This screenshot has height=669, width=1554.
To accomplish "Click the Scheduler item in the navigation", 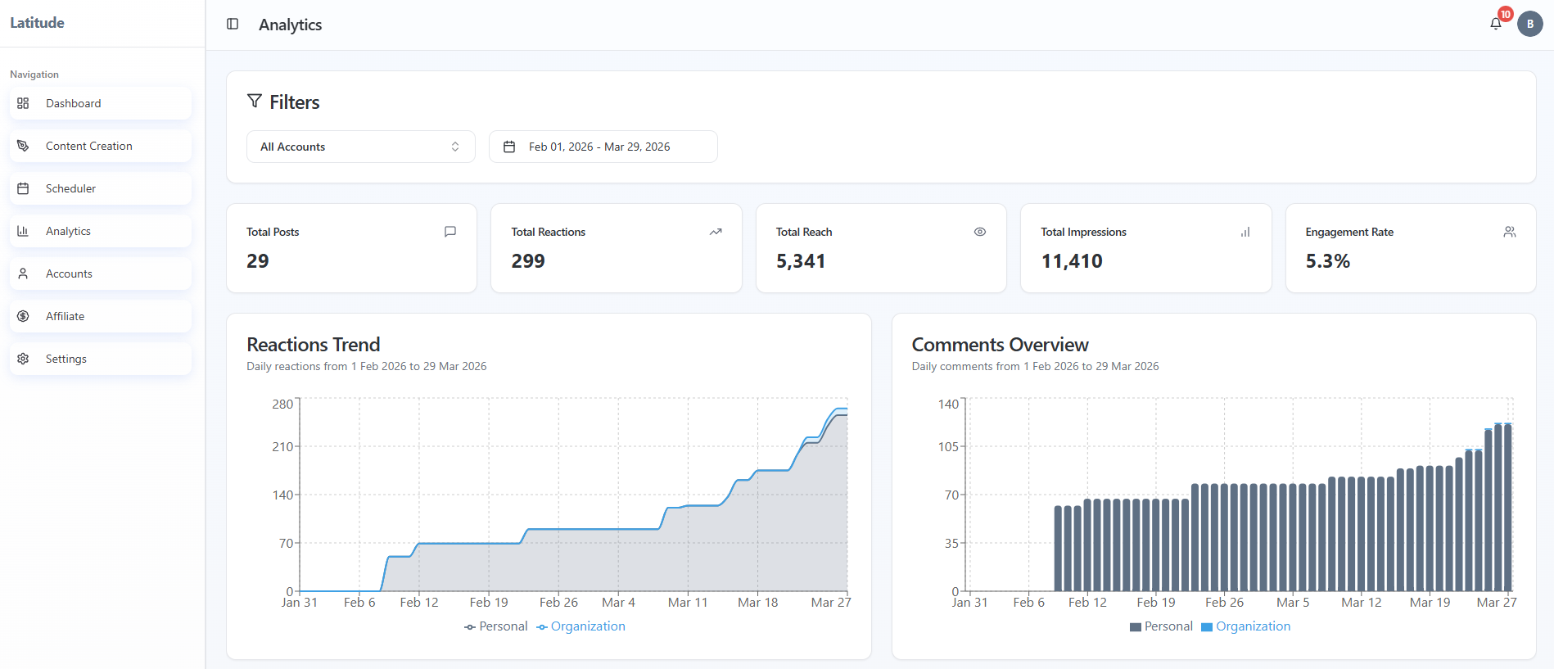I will click(70, 188).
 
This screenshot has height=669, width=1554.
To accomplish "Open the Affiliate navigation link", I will click(65, 316).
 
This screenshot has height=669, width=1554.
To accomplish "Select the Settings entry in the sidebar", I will click(66, 359).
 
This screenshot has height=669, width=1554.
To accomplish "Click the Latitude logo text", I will click(37, 23).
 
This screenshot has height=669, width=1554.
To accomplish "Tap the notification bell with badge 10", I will click(1496, 24).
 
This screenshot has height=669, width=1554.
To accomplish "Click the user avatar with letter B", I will click(1529, 24).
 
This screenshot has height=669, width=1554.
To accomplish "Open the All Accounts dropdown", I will click(360, 147).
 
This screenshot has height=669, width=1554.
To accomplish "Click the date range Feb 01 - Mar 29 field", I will click(603, 147).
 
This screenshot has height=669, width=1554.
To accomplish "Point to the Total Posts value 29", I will click(258, 261).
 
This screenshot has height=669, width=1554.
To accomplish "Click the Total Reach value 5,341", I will click(800, 261).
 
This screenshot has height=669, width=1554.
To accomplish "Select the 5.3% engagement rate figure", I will click(1327, 261).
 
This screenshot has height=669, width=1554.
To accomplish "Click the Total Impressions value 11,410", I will click(1071, 261).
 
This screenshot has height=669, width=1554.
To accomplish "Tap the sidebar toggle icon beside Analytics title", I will click(233, 25).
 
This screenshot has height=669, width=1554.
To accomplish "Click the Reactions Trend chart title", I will click(313, 345).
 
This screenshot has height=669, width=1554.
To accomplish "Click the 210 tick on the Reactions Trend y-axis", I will click(282, 446).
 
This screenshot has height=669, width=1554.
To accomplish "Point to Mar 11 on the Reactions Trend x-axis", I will click(687, 603).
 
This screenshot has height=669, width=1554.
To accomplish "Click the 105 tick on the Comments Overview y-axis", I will click(948, 446).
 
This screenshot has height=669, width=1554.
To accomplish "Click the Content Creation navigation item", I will click(88, 146).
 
